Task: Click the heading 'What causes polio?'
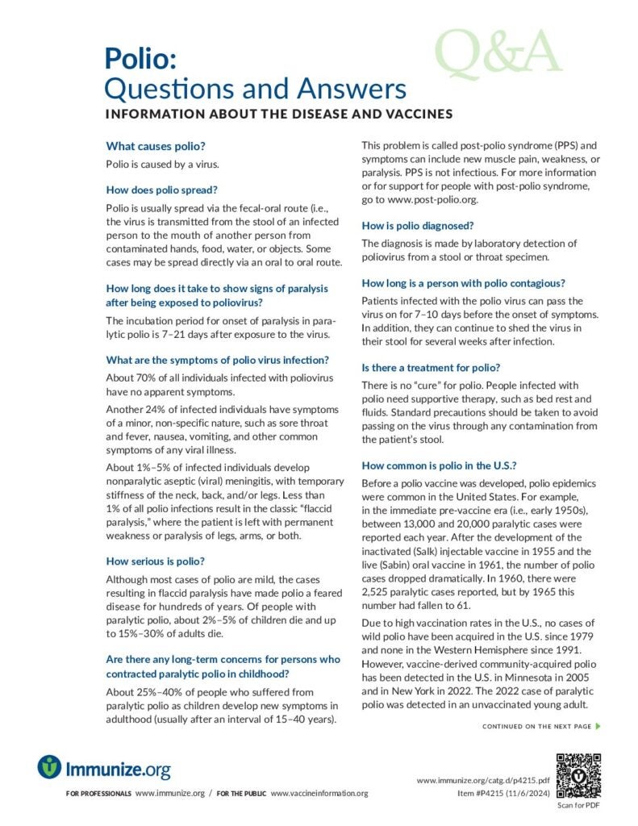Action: point(156,146)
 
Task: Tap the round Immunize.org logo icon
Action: point(50,766)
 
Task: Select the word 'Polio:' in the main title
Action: point(136,58)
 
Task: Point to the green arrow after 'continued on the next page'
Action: point(597,727)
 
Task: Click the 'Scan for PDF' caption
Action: point(579,806)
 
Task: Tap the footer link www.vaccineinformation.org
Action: point(319,794)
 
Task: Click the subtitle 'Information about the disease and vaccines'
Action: point(279,114)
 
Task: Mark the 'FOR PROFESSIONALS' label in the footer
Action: point(98,794)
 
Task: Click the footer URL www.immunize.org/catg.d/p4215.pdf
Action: point(483,781)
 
